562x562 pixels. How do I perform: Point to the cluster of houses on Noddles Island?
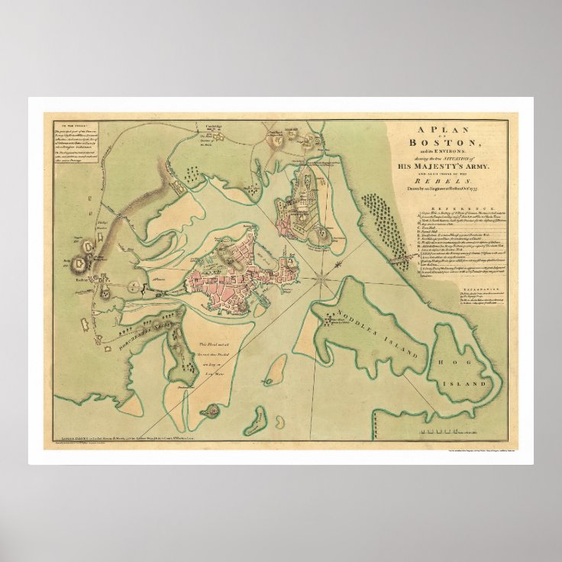pyautogui.click(x=332, y=316)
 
